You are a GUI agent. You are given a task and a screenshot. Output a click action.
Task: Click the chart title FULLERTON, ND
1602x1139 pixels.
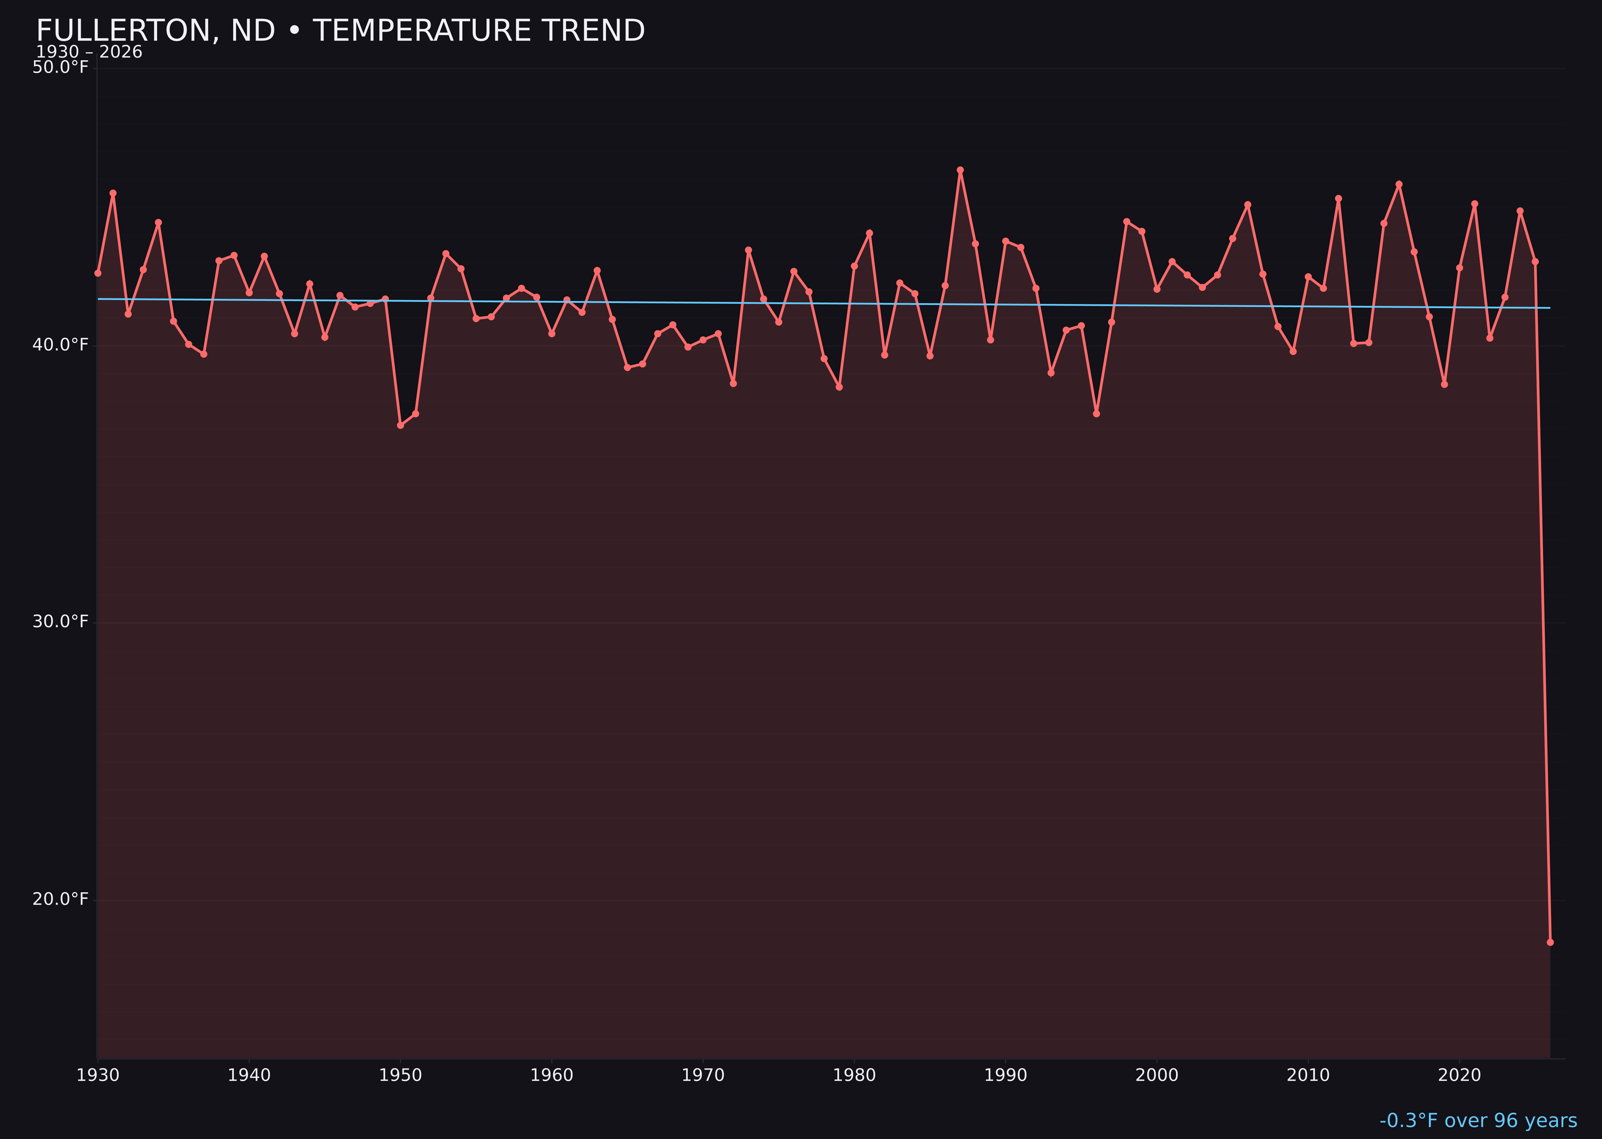340,31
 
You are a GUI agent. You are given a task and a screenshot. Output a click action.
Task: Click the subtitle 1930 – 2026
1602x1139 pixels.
89,52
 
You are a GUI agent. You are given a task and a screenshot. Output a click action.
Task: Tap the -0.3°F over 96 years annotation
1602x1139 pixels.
1478,1120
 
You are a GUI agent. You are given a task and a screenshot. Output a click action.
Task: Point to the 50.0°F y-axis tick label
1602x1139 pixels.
60,67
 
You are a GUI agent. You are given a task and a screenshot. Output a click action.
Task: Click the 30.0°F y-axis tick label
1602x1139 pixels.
60,622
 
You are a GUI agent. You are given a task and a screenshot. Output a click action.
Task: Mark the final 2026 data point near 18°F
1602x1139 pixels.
1550,942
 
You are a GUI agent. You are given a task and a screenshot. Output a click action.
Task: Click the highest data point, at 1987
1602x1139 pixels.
960,170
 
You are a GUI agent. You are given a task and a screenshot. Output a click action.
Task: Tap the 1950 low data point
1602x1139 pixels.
400,425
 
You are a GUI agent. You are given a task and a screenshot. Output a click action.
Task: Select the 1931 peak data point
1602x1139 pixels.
113,193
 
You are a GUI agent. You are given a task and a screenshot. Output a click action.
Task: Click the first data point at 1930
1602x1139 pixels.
97,273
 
